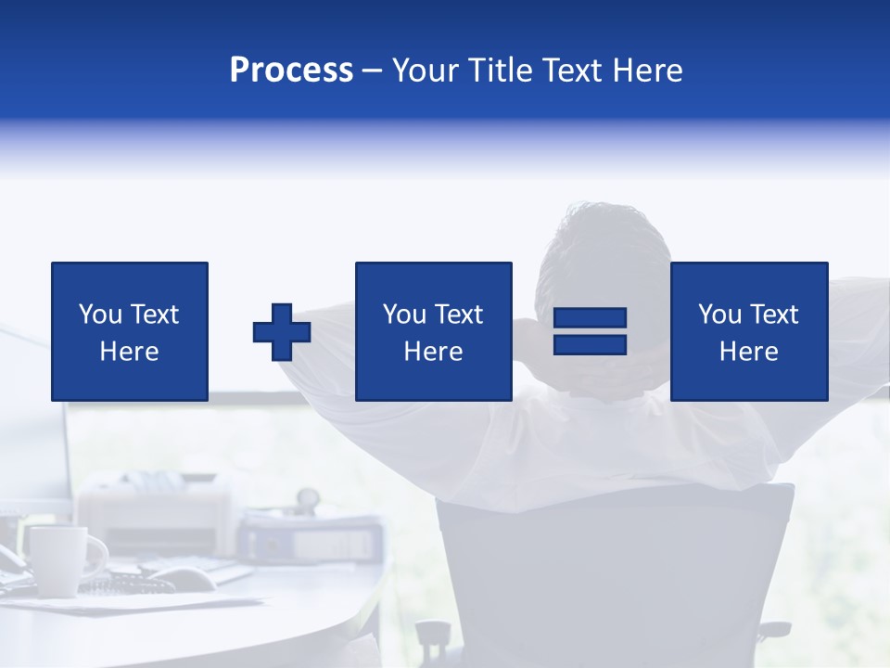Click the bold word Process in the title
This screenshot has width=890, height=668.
(291, 71)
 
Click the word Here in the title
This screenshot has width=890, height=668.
(646, 71)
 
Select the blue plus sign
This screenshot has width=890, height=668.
(282, 332)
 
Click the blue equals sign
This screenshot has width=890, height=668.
(590, 331)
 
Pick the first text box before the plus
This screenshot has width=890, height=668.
(130, 331)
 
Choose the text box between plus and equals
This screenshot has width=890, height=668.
(433, 331)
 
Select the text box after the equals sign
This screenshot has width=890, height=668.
(748, 331)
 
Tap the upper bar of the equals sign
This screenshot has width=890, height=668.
(590, 318)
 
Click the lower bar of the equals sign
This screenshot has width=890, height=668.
(590, 344)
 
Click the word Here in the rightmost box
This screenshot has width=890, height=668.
(748, 352)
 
